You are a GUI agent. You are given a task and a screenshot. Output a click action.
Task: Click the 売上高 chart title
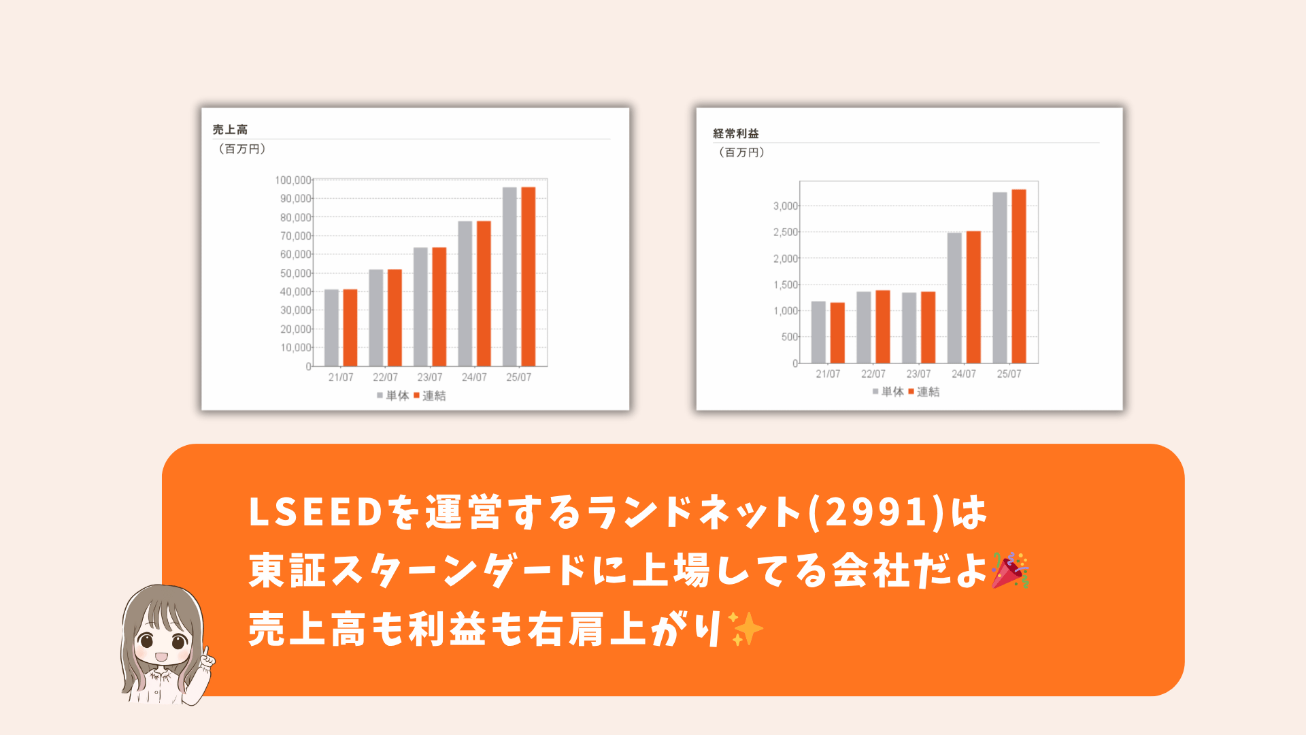(230, 129)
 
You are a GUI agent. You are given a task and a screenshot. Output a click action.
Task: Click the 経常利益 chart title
(735, 133)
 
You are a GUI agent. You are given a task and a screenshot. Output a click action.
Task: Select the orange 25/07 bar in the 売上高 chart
(528, 276)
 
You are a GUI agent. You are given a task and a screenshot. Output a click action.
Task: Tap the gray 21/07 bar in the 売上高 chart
(331, 328)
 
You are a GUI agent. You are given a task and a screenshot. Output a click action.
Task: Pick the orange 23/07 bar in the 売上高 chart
(439, 307)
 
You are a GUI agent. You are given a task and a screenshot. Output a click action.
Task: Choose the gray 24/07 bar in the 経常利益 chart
(954, 298)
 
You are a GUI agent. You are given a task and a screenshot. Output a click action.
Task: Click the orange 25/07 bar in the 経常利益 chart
(1018, 276)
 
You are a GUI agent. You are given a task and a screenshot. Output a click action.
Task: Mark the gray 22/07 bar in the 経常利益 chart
(863, 327)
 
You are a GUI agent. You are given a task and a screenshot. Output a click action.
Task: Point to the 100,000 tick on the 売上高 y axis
(293, 180)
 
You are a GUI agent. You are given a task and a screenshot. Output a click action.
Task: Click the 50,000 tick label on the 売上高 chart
(296, 273)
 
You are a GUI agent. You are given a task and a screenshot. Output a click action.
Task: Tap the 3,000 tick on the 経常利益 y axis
(785, 206)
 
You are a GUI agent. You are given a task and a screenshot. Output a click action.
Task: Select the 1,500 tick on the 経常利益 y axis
(785, 284)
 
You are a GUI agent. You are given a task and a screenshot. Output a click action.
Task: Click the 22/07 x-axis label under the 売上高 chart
(385, 377)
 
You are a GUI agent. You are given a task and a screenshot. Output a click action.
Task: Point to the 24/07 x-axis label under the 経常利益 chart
(963, 374)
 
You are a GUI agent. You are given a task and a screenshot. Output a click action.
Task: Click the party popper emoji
(1009, 570)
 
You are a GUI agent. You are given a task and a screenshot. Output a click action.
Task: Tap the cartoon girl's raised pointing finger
(205, 652)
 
